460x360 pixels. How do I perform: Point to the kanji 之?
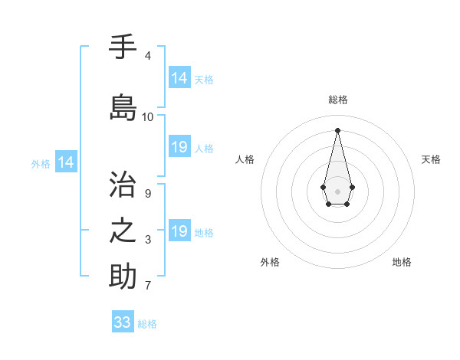coord(123,231)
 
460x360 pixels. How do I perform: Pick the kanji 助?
coord(123,276)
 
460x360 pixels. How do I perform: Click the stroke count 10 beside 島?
coord(148,117)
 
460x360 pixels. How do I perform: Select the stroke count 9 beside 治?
coord(147,194)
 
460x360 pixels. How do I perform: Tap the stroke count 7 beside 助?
coord(147,286)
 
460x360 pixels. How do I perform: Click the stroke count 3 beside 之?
coord(147,241)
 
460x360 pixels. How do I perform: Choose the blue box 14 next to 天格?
coord(179,78)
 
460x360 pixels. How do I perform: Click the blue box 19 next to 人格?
coord(179,147)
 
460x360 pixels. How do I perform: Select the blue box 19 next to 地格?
coord(179,231)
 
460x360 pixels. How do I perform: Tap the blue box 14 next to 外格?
coord(65,162)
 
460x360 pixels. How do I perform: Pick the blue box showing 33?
coord(123,322)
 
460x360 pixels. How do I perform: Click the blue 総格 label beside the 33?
coord(147,324)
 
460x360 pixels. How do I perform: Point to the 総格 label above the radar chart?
coord(337,100)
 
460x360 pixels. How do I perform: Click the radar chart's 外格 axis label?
coord(270,262)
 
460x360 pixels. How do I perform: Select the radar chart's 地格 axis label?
coord(402,262)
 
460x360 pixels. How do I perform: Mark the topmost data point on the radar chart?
coord(337,129)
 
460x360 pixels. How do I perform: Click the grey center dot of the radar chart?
coord(337,190)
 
